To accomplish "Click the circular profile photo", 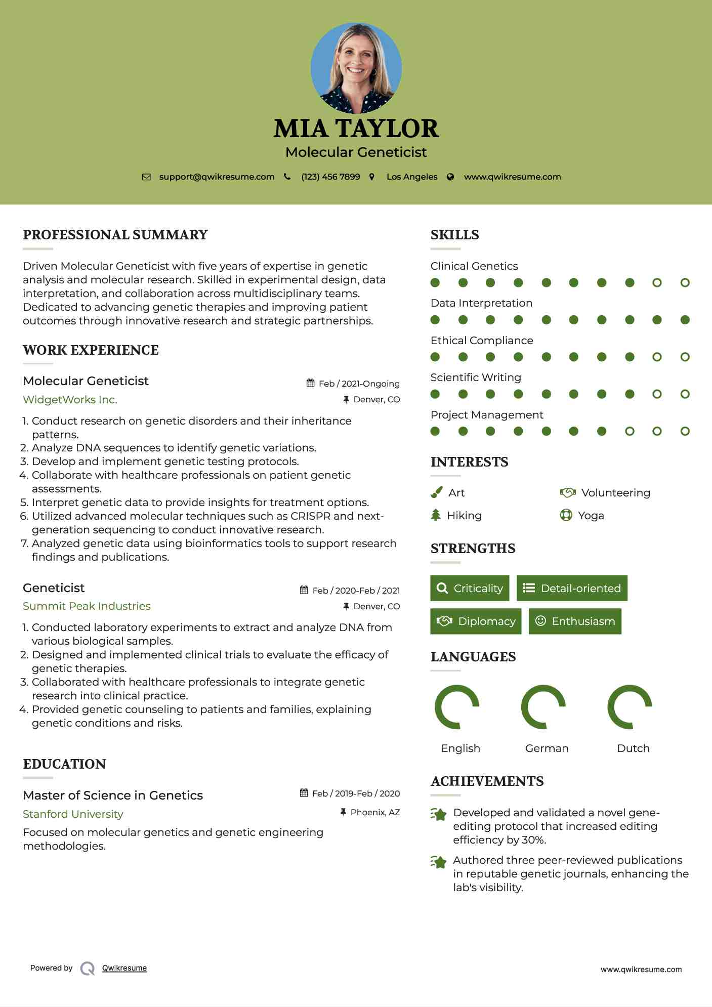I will [x=356, y=68].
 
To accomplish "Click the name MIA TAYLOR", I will [x=356, y=129].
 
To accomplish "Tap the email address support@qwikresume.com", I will [x=217, y=177].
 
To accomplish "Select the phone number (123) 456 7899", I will [x=330, y=177].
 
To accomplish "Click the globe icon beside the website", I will [x=450, y=177].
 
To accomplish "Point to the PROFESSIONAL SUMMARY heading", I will [x=115, y=235].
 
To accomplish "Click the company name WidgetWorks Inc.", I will [x=70, y=400].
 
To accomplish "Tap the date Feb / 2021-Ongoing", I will [x=359, y=384].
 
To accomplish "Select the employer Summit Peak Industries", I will [x=87, y=606].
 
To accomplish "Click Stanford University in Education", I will [x=73, y=814].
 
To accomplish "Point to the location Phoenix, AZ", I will [x=375, y=812].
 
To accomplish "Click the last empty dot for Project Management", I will [x=685, y=431].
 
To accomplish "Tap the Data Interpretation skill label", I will [x=481, y=303].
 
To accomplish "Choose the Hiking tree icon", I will [x=436, y=515].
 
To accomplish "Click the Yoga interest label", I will [x=591, y=516].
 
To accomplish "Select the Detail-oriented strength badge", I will [x=572, y=588].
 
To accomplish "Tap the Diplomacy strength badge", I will [x=475, y=621].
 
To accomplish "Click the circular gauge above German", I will [x=543, y=707].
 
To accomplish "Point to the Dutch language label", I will [x=633, y=748].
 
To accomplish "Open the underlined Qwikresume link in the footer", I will [x=124, y=968].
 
